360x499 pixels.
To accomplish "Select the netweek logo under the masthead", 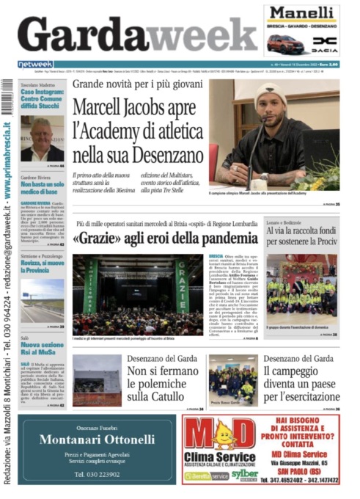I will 35,65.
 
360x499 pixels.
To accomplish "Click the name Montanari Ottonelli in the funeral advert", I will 107,440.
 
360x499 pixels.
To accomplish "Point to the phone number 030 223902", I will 107,475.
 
